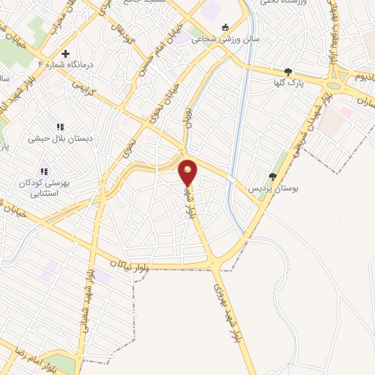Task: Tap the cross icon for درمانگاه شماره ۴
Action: coord(65,53)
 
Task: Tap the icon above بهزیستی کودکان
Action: coord(45,171)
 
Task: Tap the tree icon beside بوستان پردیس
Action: coord(272,176)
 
